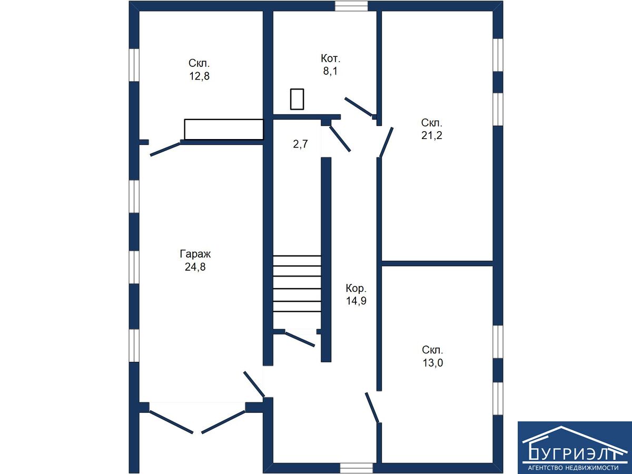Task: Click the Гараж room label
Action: point(195,254)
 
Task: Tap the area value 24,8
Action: point(195,267)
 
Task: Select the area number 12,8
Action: point(199,76)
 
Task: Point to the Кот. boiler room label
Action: point(330,58)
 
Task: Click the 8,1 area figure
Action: point(330,71)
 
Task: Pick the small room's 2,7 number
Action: point(300,144)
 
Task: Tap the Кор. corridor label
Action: point(356,288)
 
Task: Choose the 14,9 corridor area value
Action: point(356,301)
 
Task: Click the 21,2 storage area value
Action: point(431,135)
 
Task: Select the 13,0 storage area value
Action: point(432,363)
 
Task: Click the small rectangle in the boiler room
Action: point(297,100)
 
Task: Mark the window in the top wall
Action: point(351,6)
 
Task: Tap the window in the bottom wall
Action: point(356,468)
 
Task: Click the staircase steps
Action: point(297,283)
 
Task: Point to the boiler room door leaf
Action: point(359,107)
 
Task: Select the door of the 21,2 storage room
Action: point(386,142)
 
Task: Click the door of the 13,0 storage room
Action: point(372,407)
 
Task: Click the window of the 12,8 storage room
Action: point(134,65)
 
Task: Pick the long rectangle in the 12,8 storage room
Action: point(224,129)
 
